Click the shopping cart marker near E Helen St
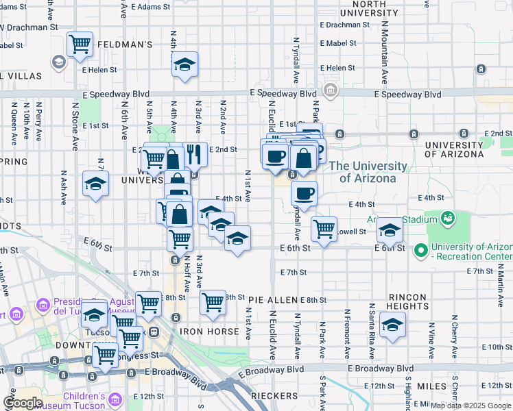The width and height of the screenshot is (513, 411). tap(80, 45)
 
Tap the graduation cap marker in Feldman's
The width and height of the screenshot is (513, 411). tap(184, 64)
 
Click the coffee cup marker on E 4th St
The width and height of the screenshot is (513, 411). tap(304, 193)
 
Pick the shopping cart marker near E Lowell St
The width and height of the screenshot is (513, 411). tap(324, 227)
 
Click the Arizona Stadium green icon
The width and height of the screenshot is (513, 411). tap(449, 218)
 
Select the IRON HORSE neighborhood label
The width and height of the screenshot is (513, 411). tap(209, 332)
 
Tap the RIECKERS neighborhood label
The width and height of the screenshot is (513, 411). tap(273, 395)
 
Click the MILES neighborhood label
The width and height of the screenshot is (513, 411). tap(431, 386)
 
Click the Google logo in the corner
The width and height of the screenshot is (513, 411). tap(23, 403)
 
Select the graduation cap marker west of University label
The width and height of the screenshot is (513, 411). tap(96, 183)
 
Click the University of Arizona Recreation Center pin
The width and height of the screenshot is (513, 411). tap(420, 251)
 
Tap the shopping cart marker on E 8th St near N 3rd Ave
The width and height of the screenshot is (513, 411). tap(213, 301)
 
